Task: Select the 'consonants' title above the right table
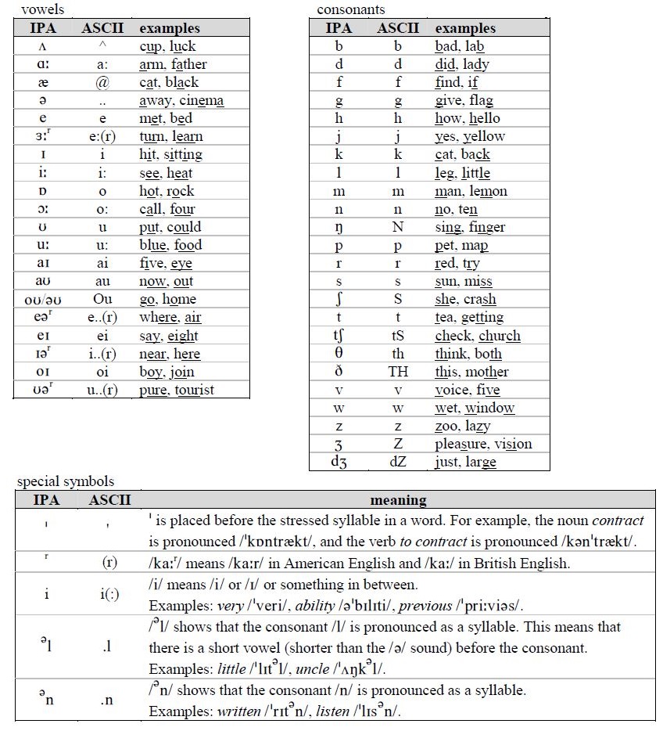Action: (351, 10)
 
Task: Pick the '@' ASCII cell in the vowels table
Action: (100, 82)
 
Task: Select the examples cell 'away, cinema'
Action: (181, 100)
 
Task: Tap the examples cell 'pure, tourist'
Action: (176, 389)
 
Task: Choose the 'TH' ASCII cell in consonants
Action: (398, 372)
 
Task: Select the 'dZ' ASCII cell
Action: (398, 462)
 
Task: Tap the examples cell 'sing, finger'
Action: (470, 227)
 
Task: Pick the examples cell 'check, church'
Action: (478, 336)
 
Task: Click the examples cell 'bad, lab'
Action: (460, 46)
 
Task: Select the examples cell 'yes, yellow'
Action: (470, 136)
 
